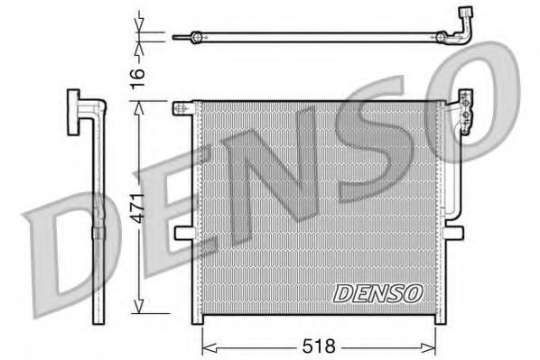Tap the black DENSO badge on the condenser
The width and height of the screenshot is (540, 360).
(x=377, y=292)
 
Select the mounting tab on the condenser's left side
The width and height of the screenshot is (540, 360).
(x=183, y=234)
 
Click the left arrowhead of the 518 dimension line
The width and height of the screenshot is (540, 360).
(x=205, y=346)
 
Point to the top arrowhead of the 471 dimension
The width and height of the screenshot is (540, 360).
(x=138, y=106)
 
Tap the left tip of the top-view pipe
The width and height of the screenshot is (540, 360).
(x=192, y=37)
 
